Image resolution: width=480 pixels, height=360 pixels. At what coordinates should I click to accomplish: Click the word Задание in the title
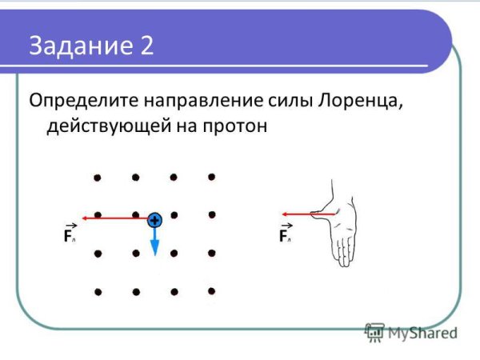pyautogui.click(x=75, y=46)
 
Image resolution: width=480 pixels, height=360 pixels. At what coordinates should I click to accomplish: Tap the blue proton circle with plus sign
pyautogui.click(x=154, y=219)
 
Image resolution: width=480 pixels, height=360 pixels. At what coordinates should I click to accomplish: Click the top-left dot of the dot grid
pyautogui.click(x=98, y=177)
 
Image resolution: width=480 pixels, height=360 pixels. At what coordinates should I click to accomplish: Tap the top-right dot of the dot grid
pyautogui.click(x=211, y=177)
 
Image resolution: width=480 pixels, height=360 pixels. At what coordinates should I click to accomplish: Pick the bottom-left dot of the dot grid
pyautogui.click(x=98, y=292)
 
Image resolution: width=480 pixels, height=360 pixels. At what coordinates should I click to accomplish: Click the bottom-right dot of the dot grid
pyautogui.click(x=211, y=291)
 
